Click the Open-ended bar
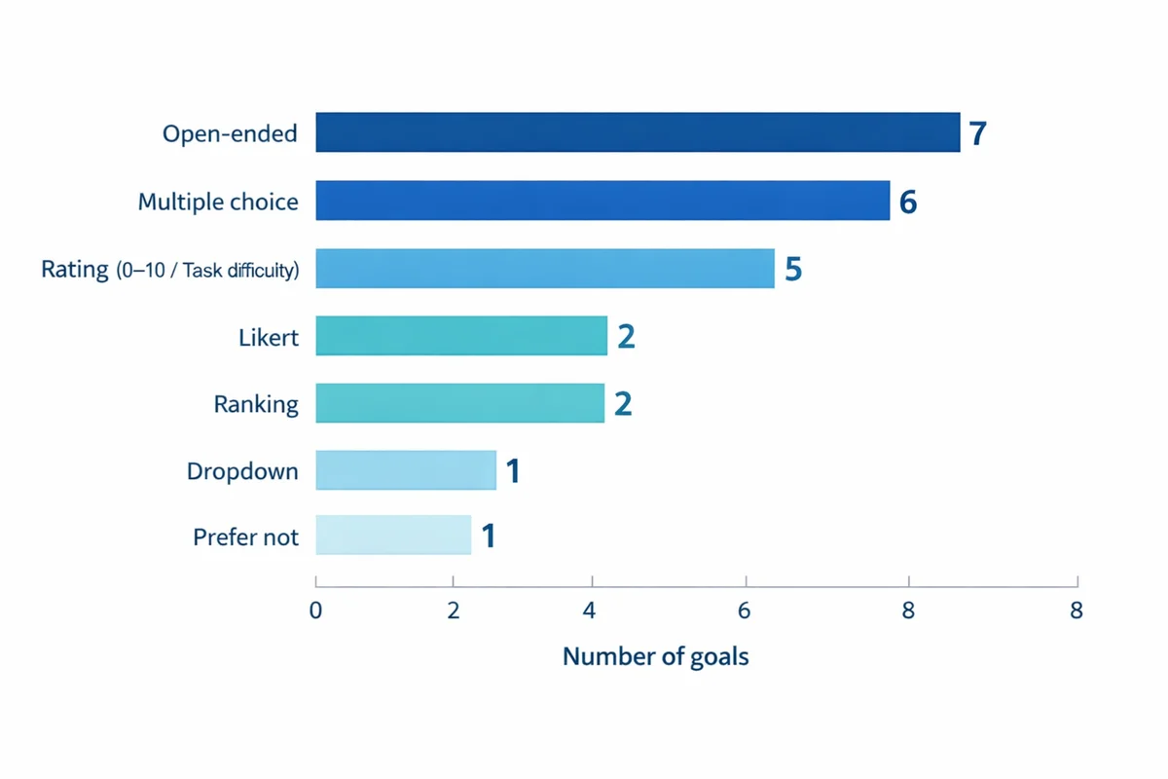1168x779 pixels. coord(638,132)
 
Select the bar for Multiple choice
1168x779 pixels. coord(602,201)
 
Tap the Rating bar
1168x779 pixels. coord(545,269)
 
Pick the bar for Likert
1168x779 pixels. coord(461,336)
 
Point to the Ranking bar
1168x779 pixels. coord(459,403)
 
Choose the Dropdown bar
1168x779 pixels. coord(406,470)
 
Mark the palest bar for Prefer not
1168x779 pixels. coord(393,535)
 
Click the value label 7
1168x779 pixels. coord(978,133)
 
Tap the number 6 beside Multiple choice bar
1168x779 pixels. coord(908,202)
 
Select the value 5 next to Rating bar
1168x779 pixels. coord(793,270)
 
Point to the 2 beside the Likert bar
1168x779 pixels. coord(626,337)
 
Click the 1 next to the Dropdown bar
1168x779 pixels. coord(513,471)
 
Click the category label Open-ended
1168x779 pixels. coord(230,133)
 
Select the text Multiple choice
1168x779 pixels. coord(218,202)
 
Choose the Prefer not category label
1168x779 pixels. coord(245,537)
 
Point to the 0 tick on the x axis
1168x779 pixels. coord(315,612)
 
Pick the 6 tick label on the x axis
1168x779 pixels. coord(746,612)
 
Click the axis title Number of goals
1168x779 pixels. coord(655,656)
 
